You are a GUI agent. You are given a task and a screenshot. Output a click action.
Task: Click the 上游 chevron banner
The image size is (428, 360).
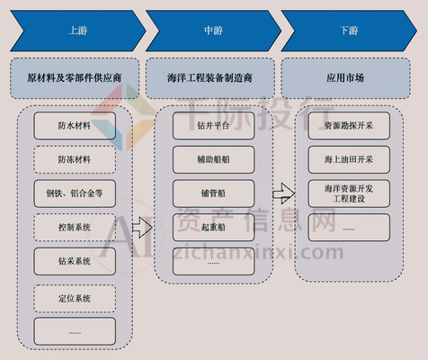[x=74, y=30]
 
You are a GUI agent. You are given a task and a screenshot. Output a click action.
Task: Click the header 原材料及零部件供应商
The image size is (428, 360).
[x=74, y=77]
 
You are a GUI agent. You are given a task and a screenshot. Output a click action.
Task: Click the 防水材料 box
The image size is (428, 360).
[x=74, y=126]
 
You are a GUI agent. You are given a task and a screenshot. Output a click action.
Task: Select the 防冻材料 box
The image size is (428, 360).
[x=74, y=159]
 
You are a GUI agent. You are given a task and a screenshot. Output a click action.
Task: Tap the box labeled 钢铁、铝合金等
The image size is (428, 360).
[x=74, y=193]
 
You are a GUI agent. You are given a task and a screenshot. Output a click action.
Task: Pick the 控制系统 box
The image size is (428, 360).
[x=74, y=226]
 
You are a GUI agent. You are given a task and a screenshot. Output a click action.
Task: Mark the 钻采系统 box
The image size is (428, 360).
[x=74, y=261]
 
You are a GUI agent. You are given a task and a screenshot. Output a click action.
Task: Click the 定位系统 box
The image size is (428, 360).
[x=74, y=296]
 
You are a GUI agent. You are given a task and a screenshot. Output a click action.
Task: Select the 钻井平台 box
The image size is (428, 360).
[x=213, y=126]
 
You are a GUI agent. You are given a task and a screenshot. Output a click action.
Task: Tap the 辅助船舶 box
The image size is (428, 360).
[x=213, y=159]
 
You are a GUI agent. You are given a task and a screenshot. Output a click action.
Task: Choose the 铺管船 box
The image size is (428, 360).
[x=213, y=193]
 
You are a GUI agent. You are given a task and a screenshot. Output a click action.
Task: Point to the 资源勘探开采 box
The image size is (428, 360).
[x=349, y=126]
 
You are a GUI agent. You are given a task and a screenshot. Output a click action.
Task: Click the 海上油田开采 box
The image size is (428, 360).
[x=349, y=158]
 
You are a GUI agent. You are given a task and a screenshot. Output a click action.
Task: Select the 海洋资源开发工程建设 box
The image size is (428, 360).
[x=349, y=193]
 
